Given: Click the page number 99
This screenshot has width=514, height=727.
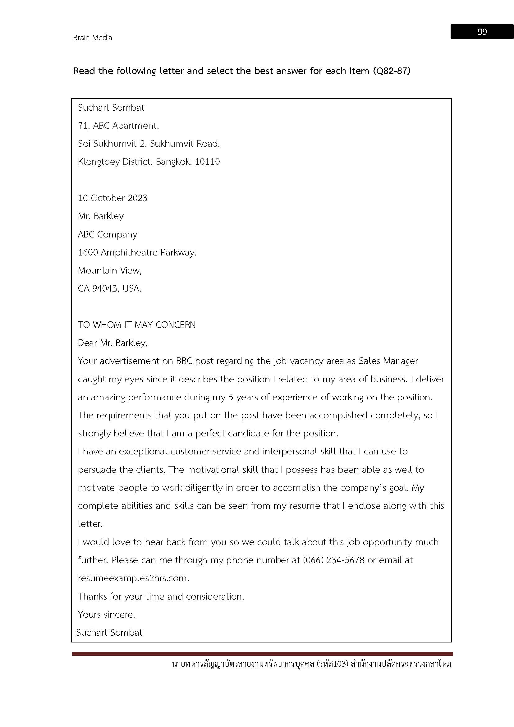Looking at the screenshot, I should (x=482, y=32).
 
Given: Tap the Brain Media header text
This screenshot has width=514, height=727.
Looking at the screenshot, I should (x=93, y=38).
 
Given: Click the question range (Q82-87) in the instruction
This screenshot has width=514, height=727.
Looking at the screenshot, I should (x=392, y=71).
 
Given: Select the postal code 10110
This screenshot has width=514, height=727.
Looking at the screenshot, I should (x=207, y=162).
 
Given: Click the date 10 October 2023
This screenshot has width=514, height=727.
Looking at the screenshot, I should (x=113, y=198).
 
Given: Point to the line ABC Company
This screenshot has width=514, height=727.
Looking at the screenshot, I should (x=108, y=235).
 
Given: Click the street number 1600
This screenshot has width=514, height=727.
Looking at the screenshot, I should (x=88, y=253).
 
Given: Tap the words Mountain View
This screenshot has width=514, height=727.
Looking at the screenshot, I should (x=109, y=271).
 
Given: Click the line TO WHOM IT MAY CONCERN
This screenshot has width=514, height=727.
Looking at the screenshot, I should (x=137, y=325).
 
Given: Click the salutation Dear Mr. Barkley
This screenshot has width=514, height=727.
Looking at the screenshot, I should (x=113, y=343).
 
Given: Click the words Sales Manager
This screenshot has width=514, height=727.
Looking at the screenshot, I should (x=388, y=361).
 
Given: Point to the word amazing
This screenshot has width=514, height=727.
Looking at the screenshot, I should (x=108, y=398).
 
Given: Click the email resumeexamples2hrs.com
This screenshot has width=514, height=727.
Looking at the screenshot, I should (x=133, y=578).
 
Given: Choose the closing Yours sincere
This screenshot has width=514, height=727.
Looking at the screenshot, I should (x=106, y=614).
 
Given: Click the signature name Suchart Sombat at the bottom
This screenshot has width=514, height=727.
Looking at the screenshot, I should (x=109, y=633).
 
